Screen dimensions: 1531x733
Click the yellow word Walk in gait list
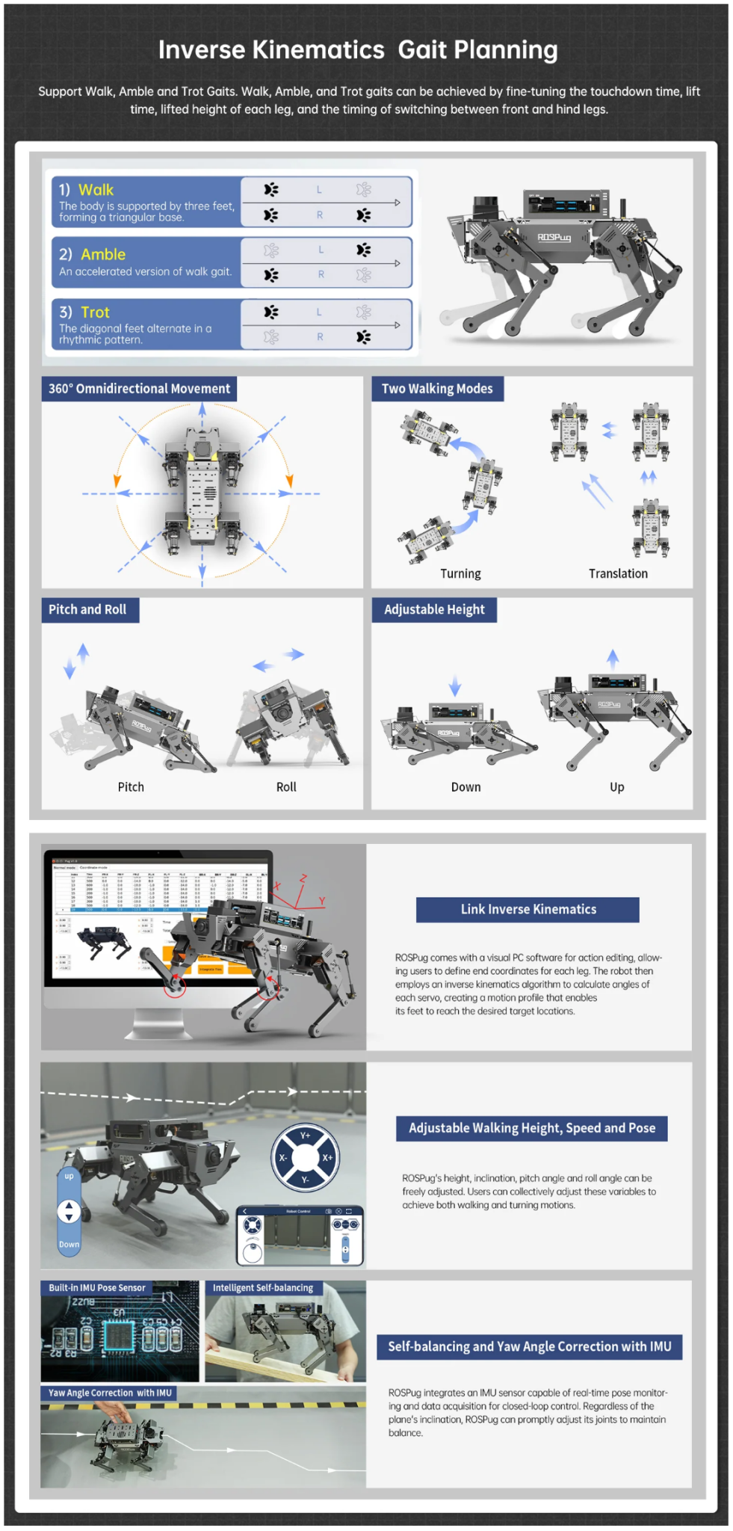96,190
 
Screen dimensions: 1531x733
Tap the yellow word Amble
103,254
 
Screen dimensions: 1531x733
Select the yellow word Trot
95,312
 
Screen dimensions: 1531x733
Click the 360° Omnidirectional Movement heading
139,389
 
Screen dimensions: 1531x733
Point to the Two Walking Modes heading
437,389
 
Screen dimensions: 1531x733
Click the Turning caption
460,573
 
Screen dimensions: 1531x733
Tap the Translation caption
618,573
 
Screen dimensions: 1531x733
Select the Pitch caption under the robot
131,786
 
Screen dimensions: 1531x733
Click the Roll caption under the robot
286,786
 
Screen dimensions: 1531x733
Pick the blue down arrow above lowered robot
455,685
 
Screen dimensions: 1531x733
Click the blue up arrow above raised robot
613,659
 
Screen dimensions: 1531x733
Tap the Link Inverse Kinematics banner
528,909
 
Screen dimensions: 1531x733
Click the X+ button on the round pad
327,1157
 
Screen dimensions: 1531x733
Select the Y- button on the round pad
305,1180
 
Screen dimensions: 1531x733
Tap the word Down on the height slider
69,1244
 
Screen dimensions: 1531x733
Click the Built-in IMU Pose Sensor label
97,1287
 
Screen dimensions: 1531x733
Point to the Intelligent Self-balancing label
263,1287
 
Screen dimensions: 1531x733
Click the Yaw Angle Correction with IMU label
110,1393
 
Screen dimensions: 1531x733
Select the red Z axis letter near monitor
303,878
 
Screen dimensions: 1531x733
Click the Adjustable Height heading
434,609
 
